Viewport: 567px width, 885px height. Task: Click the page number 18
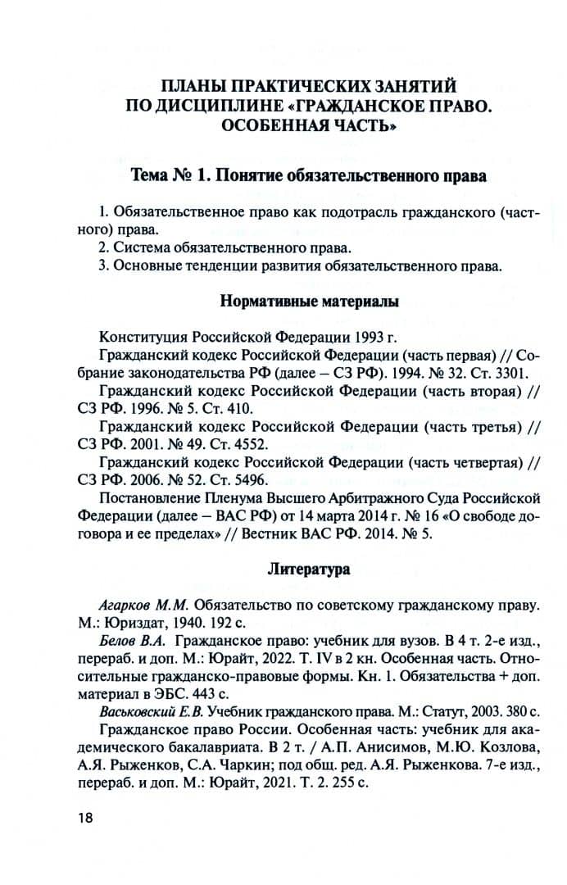pos(87,818)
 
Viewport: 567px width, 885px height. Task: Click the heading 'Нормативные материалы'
pos(310,302)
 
